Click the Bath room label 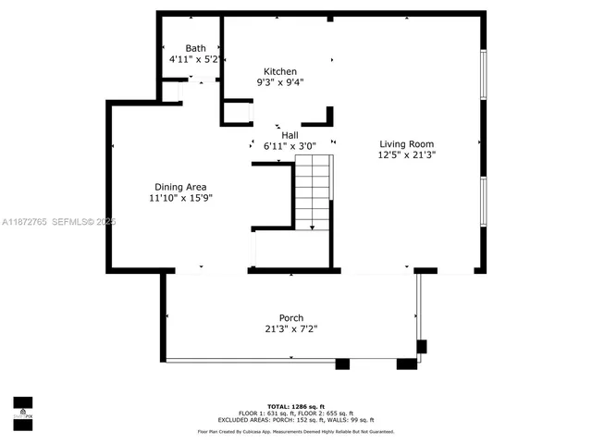coord(195,48)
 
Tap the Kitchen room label coord(280,71)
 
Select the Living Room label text coord(407,143)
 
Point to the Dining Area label coord(180,186)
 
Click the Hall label coord(290,135)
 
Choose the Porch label coord(291,317)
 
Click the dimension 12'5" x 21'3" coord(407,155)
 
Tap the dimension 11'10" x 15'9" coord(180,197)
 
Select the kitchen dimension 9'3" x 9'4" coord(280,82)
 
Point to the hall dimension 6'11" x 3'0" coord(290,146)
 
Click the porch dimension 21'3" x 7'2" coord(291,328)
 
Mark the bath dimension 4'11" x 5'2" coord(195,59)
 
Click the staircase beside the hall coord(313,191)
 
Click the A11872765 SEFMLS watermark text coord(58,222)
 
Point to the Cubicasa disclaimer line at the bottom coord(296,431)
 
